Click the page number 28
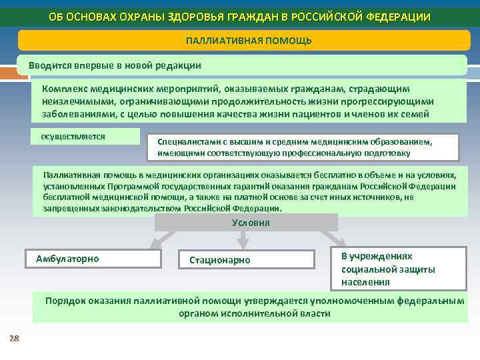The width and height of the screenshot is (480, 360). pos(14,339)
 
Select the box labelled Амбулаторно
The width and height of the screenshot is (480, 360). pos(93,259)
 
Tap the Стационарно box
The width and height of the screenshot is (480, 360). pos(247,260)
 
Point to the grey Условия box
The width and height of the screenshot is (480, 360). pos(251,223)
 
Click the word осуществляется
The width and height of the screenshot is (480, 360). pos(73,136)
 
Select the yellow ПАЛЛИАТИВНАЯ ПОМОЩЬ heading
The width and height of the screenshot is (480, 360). pos(249,41)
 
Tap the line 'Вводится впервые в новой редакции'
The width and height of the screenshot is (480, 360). pos(115,66)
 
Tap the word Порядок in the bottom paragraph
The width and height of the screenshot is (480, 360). pos(66,301)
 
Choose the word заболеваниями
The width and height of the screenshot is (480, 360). pos(74,113)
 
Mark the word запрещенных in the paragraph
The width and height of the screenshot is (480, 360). pos(68,209)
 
